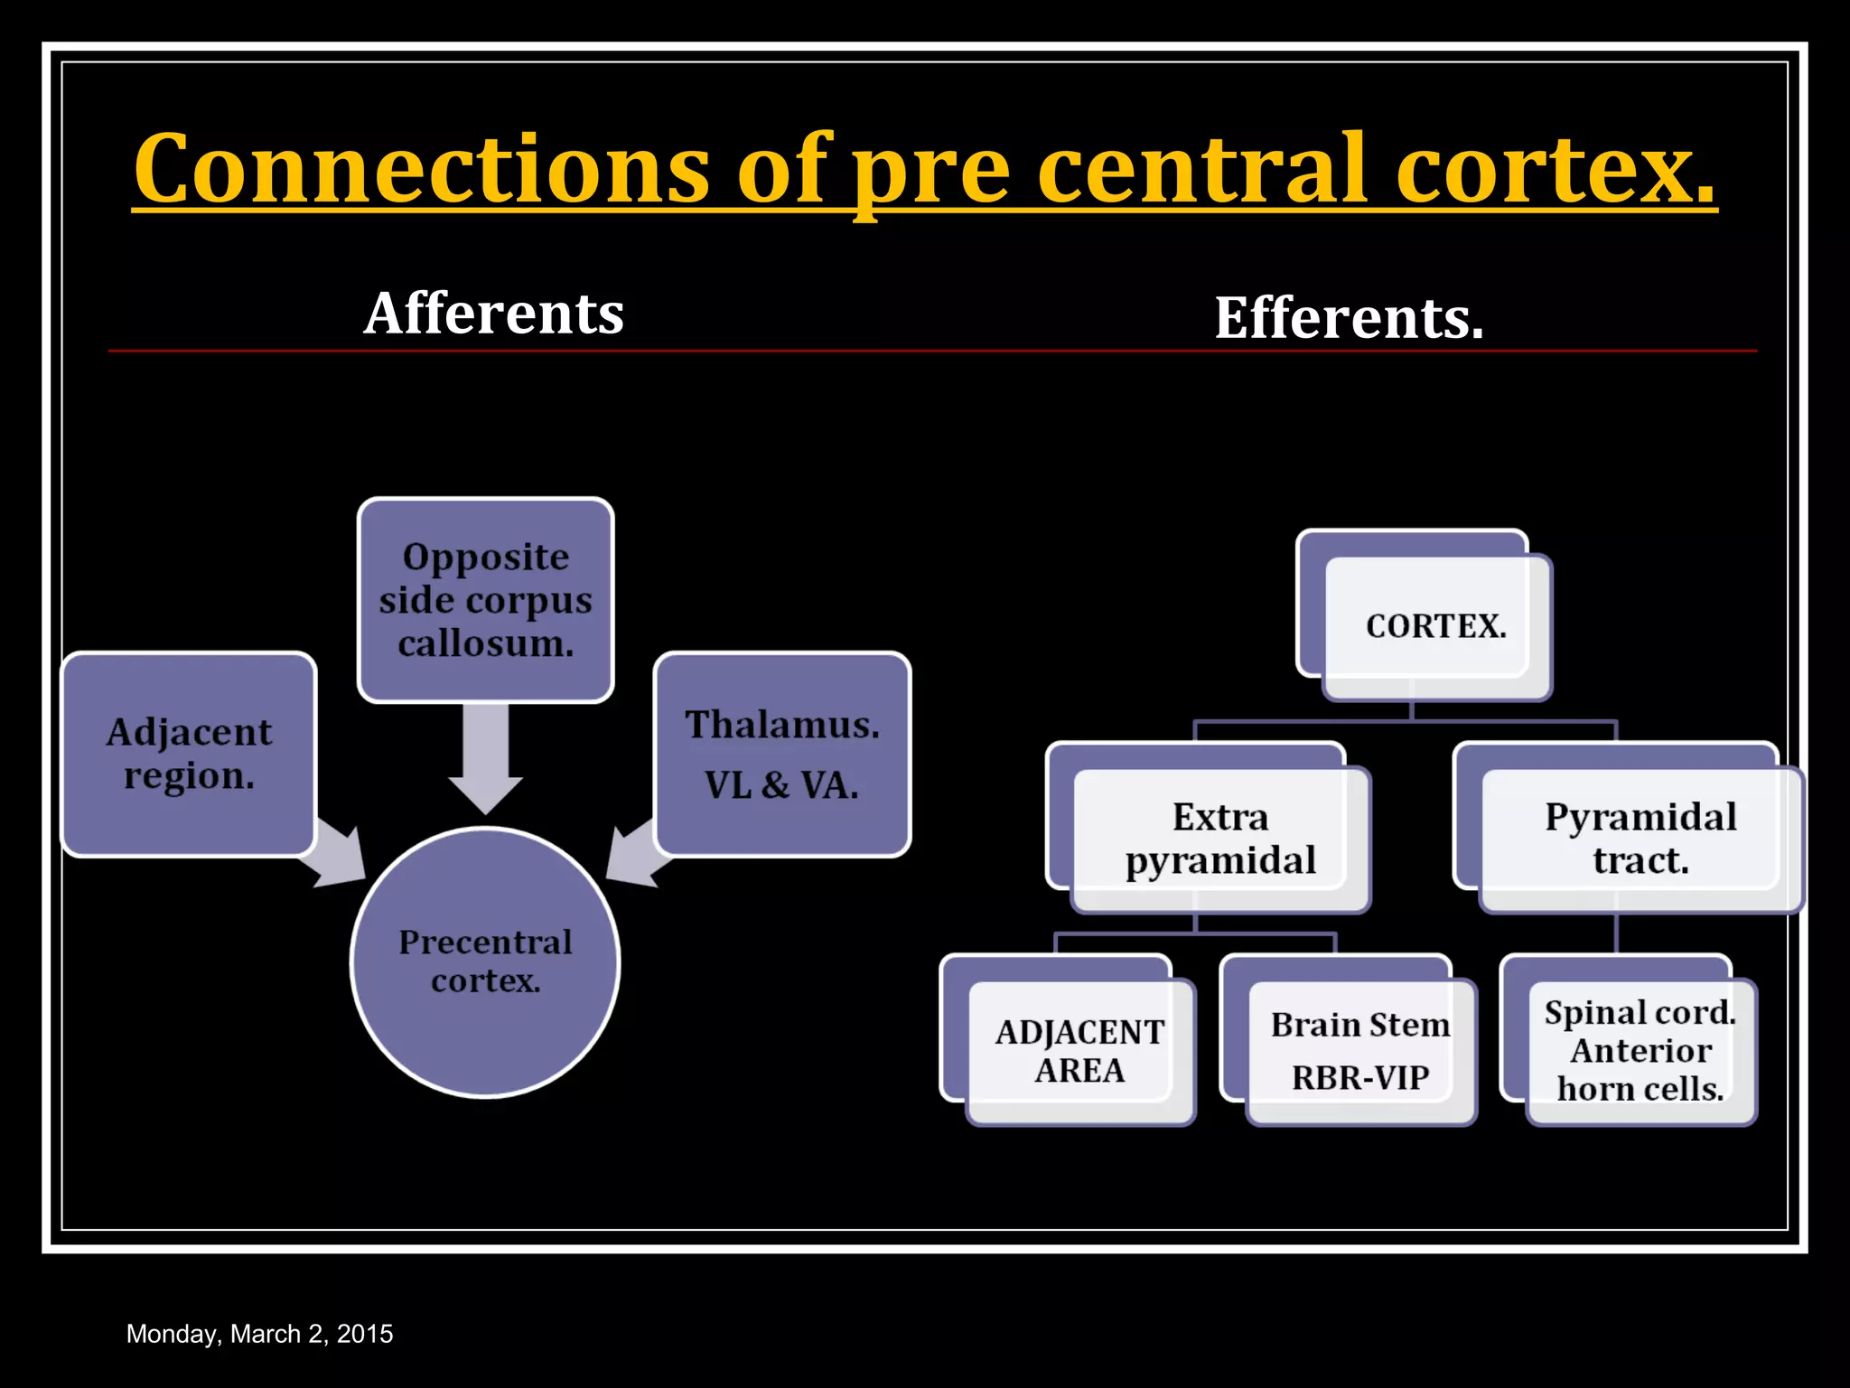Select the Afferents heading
pos(493,314)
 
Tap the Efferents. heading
pos(1349,318)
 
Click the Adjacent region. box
pos(189,754)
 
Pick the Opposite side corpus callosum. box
pos(486,600)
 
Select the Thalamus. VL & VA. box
pos(782,754)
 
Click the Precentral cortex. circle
pos(486,961)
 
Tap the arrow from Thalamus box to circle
pos(636,853)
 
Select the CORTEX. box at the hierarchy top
pos(1435,626)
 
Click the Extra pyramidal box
pos(1219,839)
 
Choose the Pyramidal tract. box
pos(1640,839)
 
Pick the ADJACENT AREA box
pos(1079,1051)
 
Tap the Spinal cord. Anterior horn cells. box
pos(1640,1051)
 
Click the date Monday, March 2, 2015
pos(259,1334)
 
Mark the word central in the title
pos(1201,170)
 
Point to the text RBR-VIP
pos(1360,1077)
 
